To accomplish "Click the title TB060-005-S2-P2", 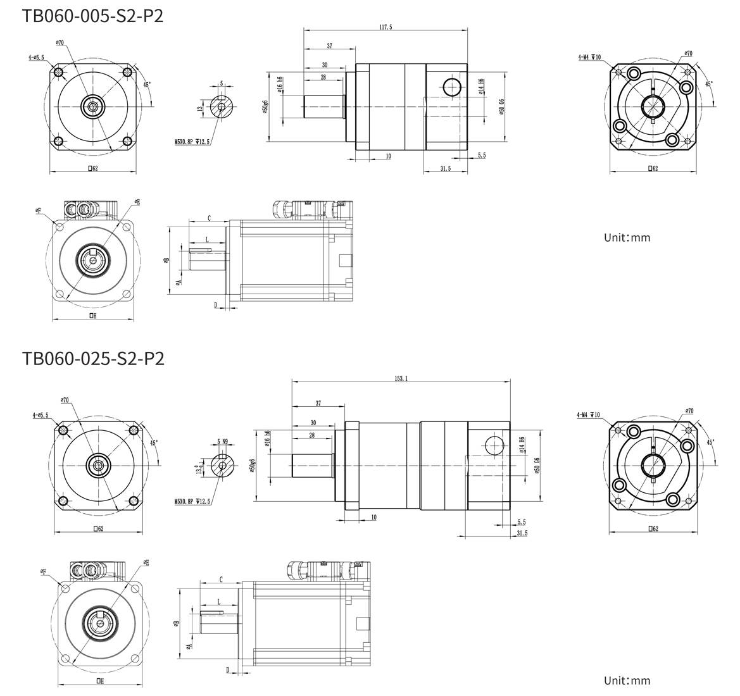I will [x=92, y=15].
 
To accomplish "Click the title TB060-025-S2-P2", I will [x=93, y=359].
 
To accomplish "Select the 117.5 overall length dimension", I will [x=386, y=27].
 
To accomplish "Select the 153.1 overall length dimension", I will [x=401, y=378].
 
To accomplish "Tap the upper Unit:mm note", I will [x=627, y=238].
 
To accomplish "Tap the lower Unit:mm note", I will [x=627, y=681].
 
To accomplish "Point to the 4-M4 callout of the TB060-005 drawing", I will [x=589, y=57].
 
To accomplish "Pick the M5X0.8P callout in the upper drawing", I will [x=192, y=142].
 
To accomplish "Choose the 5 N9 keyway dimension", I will [x=223, y=441].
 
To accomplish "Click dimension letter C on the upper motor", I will [x=208, y=218].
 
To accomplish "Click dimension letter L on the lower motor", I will [x=218, y=601].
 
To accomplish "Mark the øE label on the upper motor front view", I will [x=137, y=202].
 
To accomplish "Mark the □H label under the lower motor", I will [x=100, y=681].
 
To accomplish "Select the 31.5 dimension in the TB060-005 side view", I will [x=445, y=168].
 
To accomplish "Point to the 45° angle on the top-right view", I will [x=708, y=84].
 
